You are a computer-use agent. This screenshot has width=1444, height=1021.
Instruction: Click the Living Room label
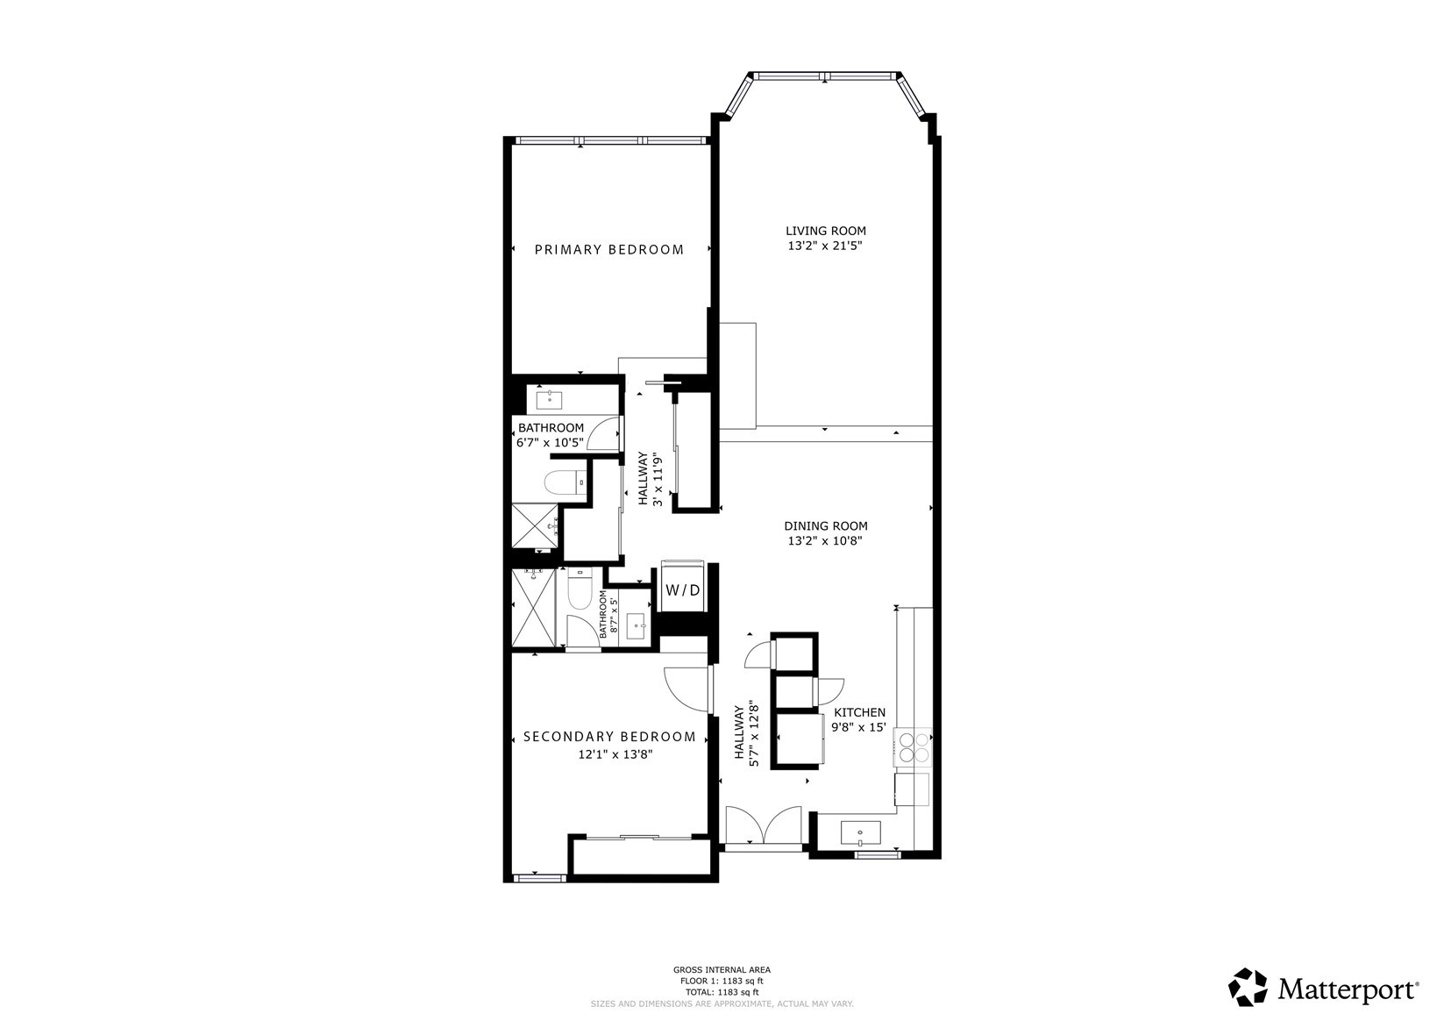(825, 231)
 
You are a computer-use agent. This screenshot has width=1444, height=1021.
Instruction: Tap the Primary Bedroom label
(609, 250)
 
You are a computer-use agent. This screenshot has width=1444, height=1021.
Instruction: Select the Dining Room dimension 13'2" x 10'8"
(825, 541)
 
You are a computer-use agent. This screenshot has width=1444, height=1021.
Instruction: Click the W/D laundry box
(683, 590)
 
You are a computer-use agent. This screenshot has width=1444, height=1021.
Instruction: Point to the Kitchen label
(859, 712)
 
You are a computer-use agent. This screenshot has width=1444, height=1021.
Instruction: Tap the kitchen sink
(860, 831)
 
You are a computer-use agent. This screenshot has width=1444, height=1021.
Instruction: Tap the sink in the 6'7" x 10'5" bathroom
(550, 400)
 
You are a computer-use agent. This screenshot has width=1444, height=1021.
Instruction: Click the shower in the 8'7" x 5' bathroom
(533, 608)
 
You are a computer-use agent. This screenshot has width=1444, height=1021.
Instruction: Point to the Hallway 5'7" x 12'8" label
(746, 735)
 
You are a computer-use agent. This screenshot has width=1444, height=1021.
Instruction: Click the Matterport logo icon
(1247, 987)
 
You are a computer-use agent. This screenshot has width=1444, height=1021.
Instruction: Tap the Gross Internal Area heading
(722, 969)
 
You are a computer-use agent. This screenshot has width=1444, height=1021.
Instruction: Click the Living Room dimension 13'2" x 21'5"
(825, 246)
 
